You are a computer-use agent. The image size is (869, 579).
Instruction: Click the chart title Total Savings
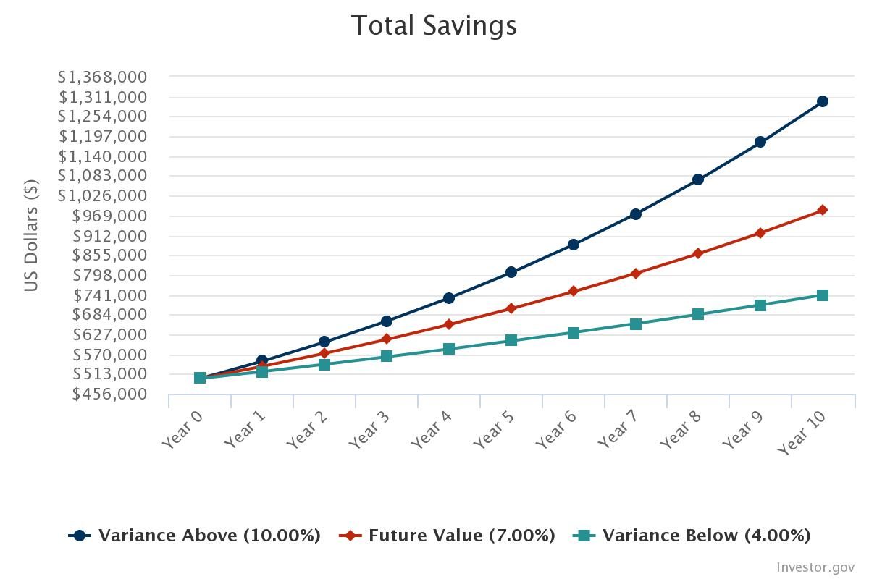tap(434, 25)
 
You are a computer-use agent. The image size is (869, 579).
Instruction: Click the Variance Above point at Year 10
tap(823, 101)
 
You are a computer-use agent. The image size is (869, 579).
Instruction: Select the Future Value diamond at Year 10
tap(823, 210)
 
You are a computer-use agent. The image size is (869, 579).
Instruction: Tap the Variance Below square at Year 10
tap(823, 295)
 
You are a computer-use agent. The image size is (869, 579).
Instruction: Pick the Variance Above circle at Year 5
tap(511, 272)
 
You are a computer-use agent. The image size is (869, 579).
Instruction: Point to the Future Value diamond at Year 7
tap(636, 274)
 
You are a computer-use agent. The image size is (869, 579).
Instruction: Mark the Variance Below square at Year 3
tap(387, 356)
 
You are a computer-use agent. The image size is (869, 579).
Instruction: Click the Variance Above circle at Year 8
tap(698, 179)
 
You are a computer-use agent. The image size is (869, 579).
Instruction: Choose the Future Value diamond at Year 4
tap(449, 324)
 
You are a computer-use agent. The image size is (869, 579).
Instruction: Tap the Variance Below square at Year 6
tap(574, 333)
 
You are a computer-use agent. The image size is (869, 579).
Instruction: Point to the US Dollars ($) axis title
tap(30, 235)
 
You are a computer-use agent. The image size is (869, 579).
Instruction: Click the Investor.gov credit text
tap(815, 567)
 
